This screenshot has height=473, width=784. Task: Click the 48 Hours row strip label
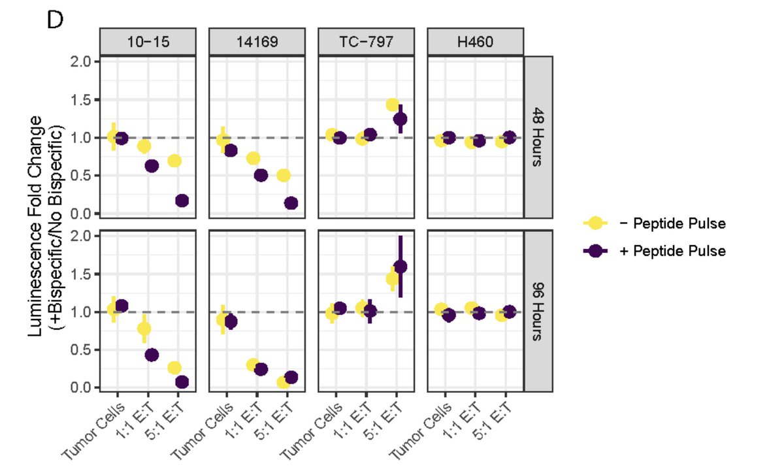click(540, 138)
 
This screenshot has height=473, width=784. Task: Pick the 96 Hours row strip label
click(540, 312)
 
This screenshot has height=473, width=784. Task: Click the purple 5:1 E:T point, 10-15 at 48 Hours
click(182, 201)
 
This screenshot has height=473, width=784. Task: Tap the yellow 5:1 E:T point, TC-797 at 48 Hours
click(393, 105)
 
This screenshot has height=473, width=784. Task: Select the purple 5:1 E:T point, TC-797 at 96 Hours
click(400, 267)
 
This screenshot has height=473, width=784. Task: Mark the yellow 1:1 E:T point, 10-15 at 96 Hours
click(144, 329)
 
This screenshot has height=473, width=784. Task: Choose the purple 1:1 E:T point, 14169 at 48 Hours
click(261, 175)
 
